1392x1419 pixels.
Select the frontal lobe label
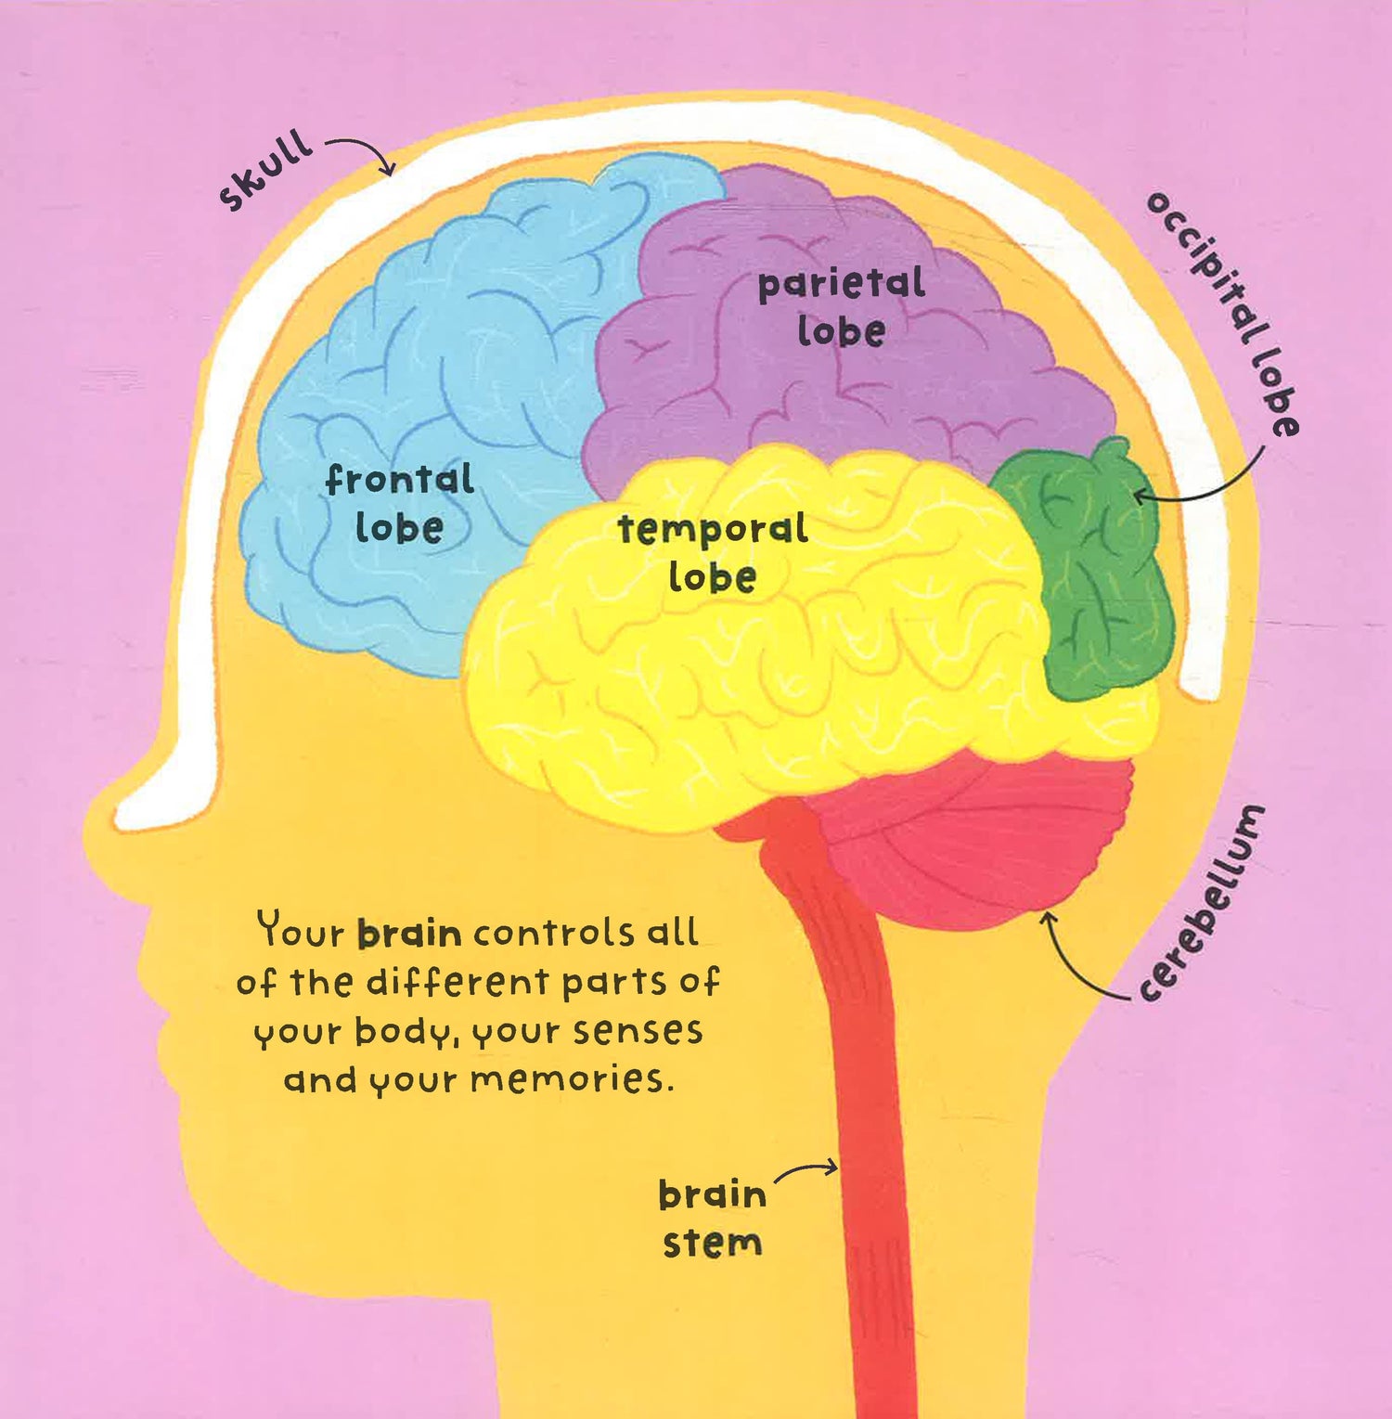[x=400, y=504]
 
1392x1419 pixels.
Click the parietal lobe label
[x=841, y=307]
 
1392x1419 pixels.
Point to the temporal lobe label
[x=713, y=553]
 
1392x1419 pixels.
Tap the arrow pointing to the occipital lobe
[x=1206, y=487]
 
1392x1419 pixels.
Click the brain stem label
[x=712, y=1219]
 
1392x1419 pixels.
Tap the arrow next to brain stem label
[x=806, y=1171]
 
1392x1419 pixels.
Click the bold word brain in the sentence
[x=409, y=933]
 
